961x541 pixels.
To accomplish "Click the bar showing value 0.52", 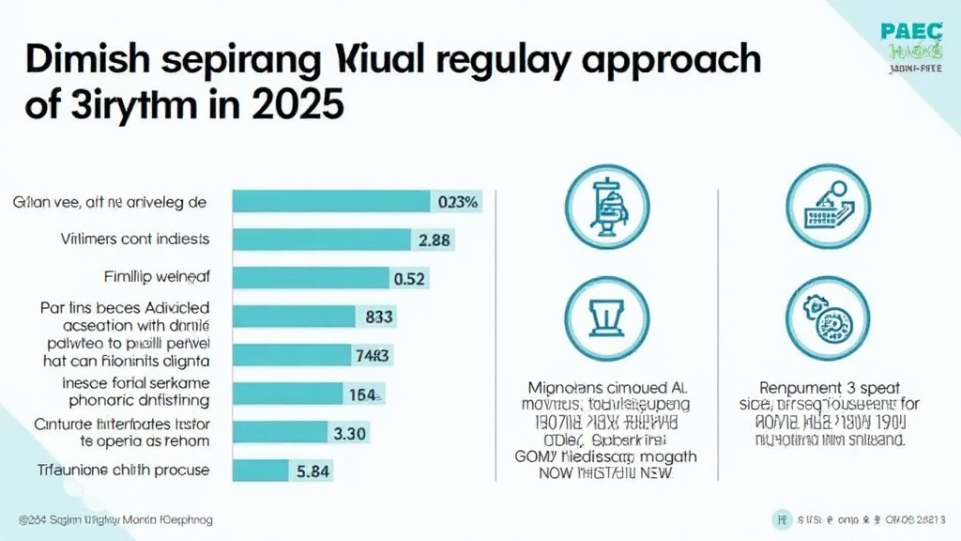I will [310, 278].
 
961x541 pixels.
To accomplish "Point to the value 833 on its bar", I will [378, 317].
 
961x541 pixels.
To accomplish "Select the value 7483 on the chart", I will [373, 356].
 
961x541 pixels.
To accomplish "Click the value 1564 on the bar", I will [361, 394].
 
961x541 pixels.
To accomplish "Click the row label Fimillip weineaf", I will [157, 278].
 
